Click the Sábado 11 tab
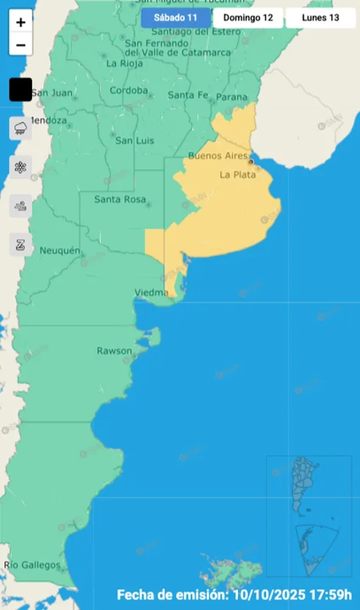pyautogui.click(x=176, y=18)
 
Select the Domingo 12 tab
pyautogui.click(x=248, y=18)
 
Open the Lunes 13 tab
pyautogui.click(x=320, y=18)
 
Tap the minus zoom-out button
pyautogui.click(x=21, y=45)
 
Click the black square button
pyautogui.click(x=21, y=89)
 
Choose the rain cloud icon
pyautogui.click(x=21, y=128)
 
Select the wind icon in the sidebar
pyautogui.click(x=21, y=206)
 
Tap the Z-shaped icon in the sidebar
pyautogui.click(x=21, y=244)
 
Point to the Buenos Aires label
pyautogui.click(x=214, y=156)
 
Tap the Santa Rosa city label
pyautogui.click(x=120, y=200)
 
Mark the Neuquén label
pyautogui.click(x=60, y=251)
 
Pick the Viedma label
pyautogui.click(x=151, y=292)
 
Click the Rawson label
pyautogui.click(x=114, y=351)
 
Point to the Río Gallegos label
pyautogui.click(x=32, y=565)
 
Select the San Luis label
pyautogui.click(x=135, y=141)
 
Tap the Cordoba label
pyautogui.click(x=129, y=90)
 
